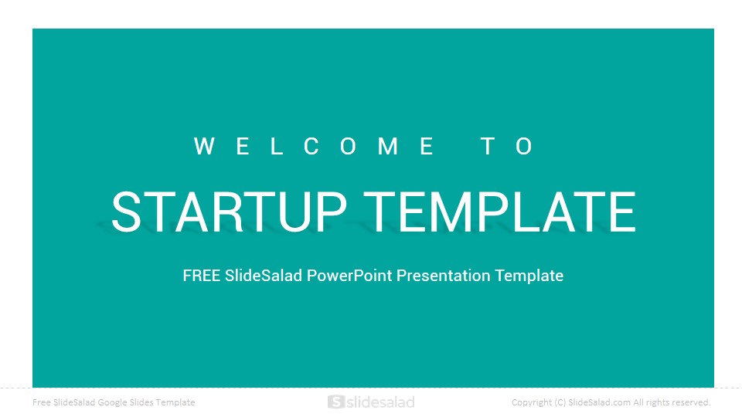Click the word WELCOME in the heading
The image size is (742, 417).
click(x=314, y=146)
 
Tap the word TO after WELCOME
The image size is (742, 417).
click(x=507, y=146)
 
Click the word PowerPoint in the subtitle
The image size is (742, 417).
click(x=349, y=276)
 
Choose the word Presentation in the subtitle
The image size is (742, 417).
click(x=444, y=276)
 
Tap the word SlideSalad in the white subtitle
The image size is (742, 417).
click(x=264, y=276)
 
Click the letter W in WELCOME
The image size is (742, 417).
click(x=204, y=146)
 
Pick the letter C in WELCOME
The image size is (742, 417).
click(x=311, y=146)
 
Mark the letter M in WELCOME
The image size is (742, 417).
click(x=388, y=146)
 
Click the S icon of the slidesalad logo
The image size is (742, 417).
click(x=335, y=402)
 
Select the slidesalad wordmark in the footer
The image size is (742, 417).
click(x=380, y=402)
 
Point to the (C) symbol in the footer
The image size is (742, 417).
click(x=560, y=402)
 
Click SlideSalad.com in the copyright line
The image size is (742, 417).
click(x=599, y=402)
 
